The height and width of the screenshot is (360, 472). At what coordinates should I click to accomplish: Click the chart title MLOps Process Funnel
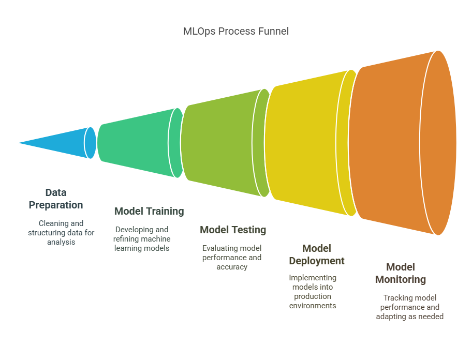coord(235,31)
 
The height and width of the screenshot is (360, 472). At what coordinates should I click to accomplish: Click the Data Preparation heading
coord(56,199)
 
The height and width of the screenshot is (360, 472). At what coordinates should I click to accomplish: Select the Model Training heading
coord(149,211)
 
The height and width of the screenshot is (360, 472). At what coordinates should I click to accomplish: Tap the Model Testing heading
coord(233,230)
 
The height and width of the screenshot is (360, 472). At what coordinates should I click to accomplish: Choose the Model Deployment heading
coord(317,254)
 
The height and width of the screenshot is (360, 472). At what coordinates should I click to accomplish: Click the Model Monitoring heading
coord(401,273)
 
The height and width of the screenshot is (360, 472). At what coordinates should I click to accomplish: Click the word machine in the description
coord(156,239)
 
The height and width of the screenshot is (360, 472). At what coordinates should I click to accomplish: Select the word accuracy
coord(232,267)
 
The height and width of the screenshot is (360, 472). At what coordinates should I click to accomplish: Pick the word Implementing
coord(313,278)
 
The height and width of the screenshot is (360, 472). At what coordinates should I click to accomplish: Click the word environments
coord(313,306)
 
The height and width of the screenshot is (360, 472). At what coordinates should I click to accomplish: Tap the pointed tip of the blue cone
coord(19,143)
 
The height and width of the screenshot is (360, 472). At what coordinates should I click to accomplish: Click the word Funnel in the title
coord(276,31)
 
